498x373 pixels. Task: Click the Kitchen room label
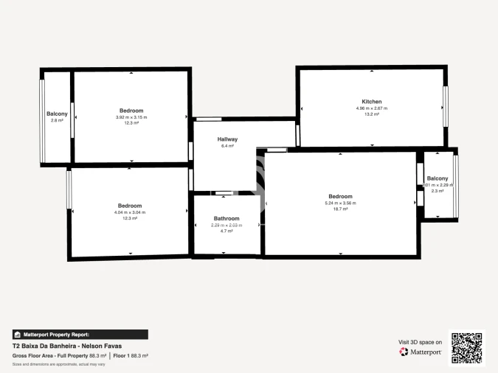(371, 101)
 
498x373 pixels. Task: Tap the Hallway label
(227, 139)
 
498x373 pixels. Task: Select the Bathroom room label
(226, 218)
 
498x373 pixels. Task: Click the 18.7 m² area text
(340, 209)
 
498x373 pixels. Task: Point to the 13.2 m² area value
(371, 114)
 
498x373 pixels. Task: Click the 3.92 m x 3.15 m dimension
(131, 117)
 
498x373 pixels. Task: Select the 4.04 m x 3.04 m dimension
(130, 212)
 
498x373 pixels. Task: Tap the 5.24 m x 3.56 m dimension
(340, 203)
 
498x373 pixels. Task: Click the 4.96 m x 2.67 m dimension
(371, 108)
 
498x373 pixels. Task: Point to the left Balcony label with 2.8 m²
(57, 114)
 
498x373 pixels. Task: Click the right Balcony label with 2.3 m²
(438, 178)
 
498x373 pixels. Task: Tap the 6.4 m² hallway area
(227, 146)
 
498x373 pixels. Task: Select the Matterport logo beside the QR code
(421, 352)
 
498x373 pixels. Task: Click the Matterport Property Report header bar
(80, 334)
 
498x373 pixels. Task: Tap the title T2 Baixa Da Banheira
(66, 346)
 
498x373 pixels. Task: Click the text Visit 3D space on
(420, 342)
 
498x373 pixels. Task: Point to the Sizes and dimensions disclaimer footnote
(58, 364)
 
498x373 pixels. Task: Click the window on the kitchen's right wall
(446, 107)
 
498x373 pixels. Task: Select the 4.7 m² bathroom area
(226, 231)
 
